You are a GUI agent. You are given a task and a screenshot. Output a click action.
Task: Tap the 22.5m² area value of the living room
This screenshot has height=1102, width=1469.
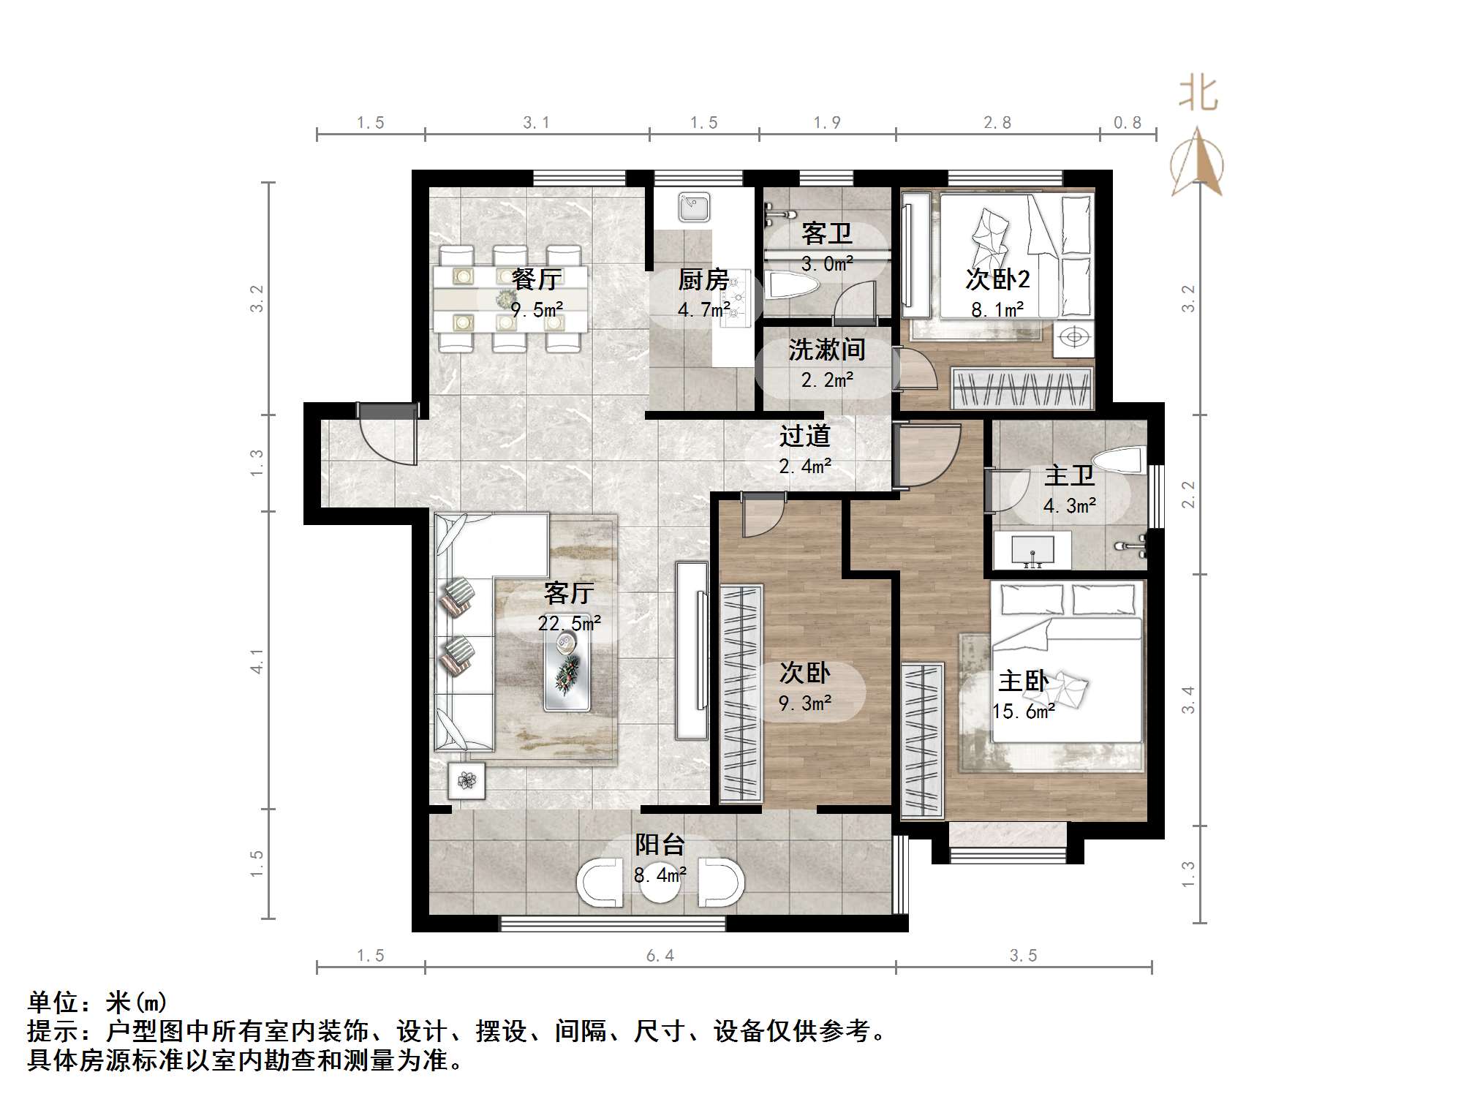tap(569, 623)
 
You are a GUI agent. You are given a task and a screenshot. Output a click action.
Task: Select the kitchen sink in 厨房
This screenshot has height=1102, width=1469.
tap(693, 207)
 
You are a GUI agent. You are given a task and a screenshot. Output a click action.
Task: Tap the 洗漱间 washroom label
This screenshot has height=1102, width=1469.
tap(826, 350)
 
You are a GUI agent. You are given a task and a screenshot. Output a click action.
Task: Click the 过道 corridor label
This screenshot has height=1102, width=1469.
tap(804, 436)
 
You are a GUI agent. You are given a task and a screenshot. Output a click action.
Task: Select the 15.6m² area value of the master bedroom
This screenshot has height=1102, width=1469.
tap(1023, 711)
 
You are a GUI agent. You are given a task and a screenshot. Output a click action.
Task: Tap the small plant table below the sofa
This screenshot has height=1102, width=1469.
tap(467, 781)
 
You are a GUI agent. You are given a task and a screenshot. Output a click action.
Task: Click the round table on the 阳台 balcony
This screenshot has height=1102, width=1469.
tap(659, 881)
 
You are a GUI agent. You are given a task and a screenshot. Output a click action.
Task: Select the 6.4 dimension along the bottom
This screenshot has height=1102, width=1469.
tap(660, 956)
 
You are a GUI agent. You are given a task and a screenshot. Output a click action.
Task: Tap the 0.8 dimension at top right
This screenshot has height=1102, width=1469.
tap(1127, 123)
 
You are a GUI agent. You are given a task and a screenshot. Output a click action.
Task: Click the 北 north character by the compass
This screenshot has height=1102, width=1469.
tap(1198, 94)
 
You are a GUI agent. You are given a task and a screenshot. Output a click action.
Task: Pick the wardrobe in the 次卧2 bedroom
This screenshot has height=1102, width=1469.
tap(1022, 388)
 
